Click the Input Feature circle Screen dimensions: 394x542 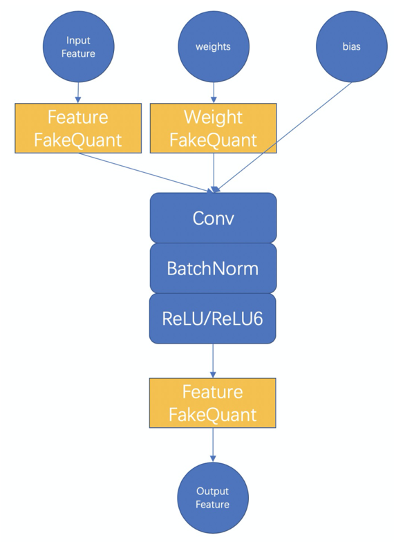coord(79,47)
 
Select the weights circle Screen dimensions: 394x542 coord(213,47)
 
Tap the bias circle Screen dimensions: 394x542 coord(351,47)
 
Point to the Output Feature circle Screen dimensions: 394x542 coord(213,498)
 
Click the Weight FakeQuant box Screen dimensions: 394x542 coord(213,129)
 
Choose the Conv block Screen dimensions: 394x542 coord(213,218)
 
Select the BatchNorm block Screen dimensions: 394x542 coord(213,268)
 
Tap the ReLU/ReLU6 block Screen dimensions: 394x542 coord(213,318)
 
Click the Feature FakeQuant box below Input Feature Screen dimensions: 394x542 coord(78,129)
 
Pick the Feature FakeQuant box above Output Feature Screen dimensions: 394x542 coord(213,403)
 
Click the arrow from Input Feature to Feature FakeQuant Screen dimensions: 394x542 coord(78,93)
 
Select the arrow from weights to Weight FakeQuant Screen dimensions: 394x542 coord(213,93)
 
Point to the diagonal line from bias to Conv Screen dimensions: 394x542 coord(283,137)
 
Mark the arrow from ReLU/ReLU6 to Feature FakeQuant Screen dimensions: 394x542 coord(213,361)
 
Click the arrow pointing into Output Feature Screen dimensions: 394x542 coord(213,445)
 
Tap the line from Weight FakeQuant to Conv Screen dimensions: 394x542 coord(214,173)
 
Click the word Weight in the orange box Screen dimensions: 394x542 coord(213,118)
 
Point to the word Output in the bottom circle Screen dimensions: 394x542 coord(213,491)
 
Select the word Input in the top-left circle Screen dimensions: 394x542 coord(79,41)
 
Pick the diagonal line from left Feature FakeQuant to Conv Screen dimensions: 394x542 coord(145,172)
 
